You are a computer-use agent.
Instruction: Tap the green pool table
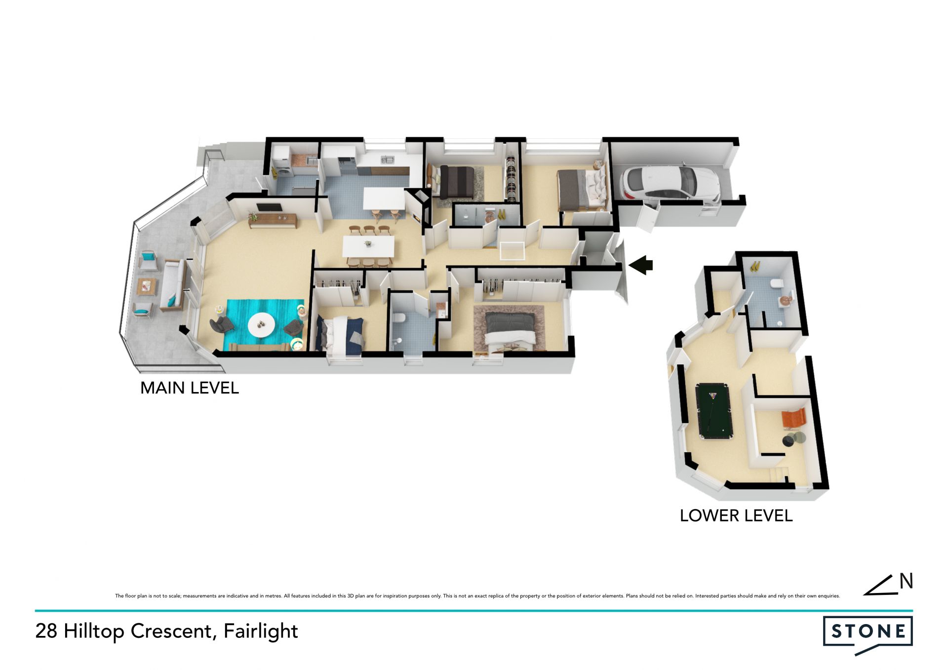714,411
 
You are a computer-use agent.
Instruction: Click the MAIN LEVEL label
190,388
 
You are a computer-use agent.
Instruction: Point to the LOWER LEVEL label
736,515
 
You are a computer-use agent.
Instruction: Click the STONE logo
868,635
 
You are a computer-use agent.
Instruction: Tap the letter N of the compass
906,581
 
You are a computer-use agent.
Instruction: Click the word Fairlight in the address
261,631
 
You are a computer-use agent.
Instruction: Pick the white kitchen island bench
385,198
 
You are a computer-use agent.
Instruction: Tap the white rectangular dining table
369,246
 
